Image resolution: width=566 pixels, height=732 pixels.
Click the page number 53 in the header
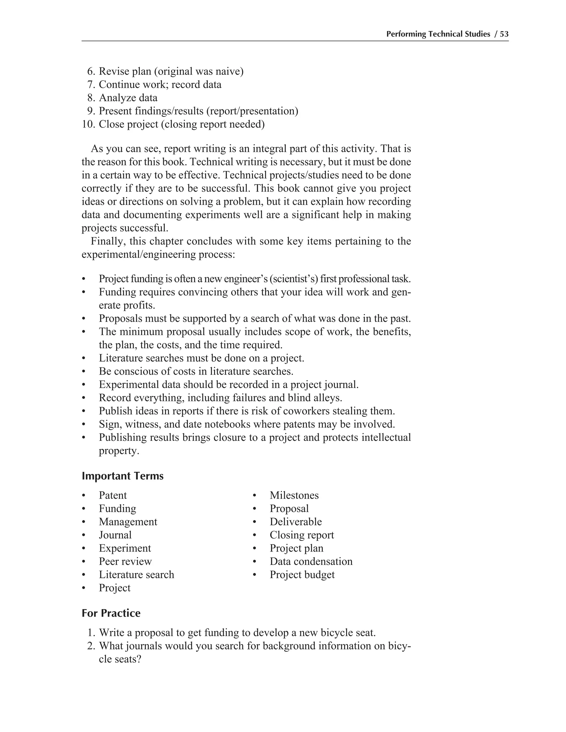[x=504, y=34]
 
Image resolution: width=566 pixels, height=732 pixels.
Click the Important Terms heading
[x=122, y=476]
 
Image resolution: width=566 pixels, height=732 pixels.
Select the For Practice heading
[x=111, y=613]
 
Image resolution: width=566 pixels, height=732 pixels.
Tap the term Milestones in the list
[x=294, y=495]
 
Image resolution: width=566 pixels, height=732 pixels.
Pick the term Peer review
[x=125, y=561]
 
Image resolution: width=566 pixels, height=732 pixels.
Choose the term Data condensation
[x=311, y=561]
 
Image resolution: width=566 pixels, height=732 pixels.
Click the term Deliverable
[x=295, y=522]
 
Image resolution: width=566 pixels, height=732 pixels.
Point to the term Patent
[x=113, y=495]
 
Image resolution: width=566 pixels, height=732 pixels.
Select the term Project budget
[x=302, y=575]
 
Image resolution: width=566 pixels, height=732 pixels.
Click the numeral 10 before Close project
[x=88, y=124]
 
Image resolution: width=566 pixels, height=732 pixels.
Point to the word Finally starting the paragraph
[x=107, y=241]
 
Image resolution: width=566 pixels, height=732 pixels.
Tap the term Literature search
[x=136, y=575]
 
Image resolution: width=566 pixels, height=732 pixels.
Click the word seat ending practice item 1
[x=365, y=633]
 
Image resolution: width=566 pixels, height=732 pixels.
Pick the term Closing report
[x=302, y=535]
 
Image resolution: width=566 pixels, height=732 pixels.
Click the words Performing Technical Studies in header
[x=438, y=34]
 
